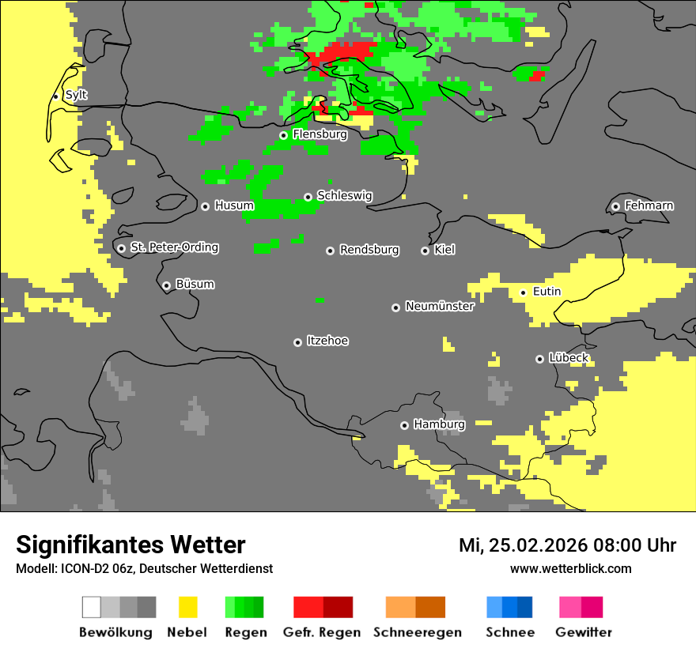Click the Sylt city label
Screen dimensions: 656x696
[76, 95]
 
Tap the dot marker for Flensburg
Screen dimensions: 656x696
[283, 135]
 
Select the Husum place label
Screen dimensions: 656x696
[234, 205]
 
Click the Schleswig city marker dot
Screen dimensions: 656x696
[308, 197]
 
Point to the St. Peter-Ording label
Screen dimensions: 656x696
[174, 247]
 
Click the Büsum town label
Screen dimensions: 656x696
[195, 284]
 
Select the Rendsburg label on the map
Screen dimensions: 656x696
[369, 250]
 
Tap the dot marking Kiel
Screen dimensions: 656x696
[425, 251]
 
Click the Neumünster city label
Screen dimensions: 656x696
[440, 306]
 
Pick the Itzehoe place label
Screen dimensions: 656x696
[327, 341]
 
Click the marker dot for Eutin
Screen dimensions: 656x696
[523, 292]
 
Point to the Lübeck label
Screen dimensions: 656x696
[569, 358]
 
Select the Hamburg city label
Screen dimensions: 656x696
[439, 424]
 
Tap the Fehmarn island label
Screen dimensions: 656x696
[649, 205]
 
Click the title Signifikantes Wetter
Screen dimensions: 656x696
[130, 545]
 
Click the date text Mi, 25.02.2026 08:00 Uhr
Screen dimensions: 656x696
[567, 545]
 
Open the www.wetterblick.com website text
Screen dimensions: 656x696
[570, 569]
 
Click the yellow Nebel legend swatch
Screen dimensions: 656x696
[187, 607]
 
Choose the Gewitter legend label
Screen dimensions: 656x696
[583, 632]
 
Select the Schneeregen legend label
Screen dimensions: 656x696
[418, 632]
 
